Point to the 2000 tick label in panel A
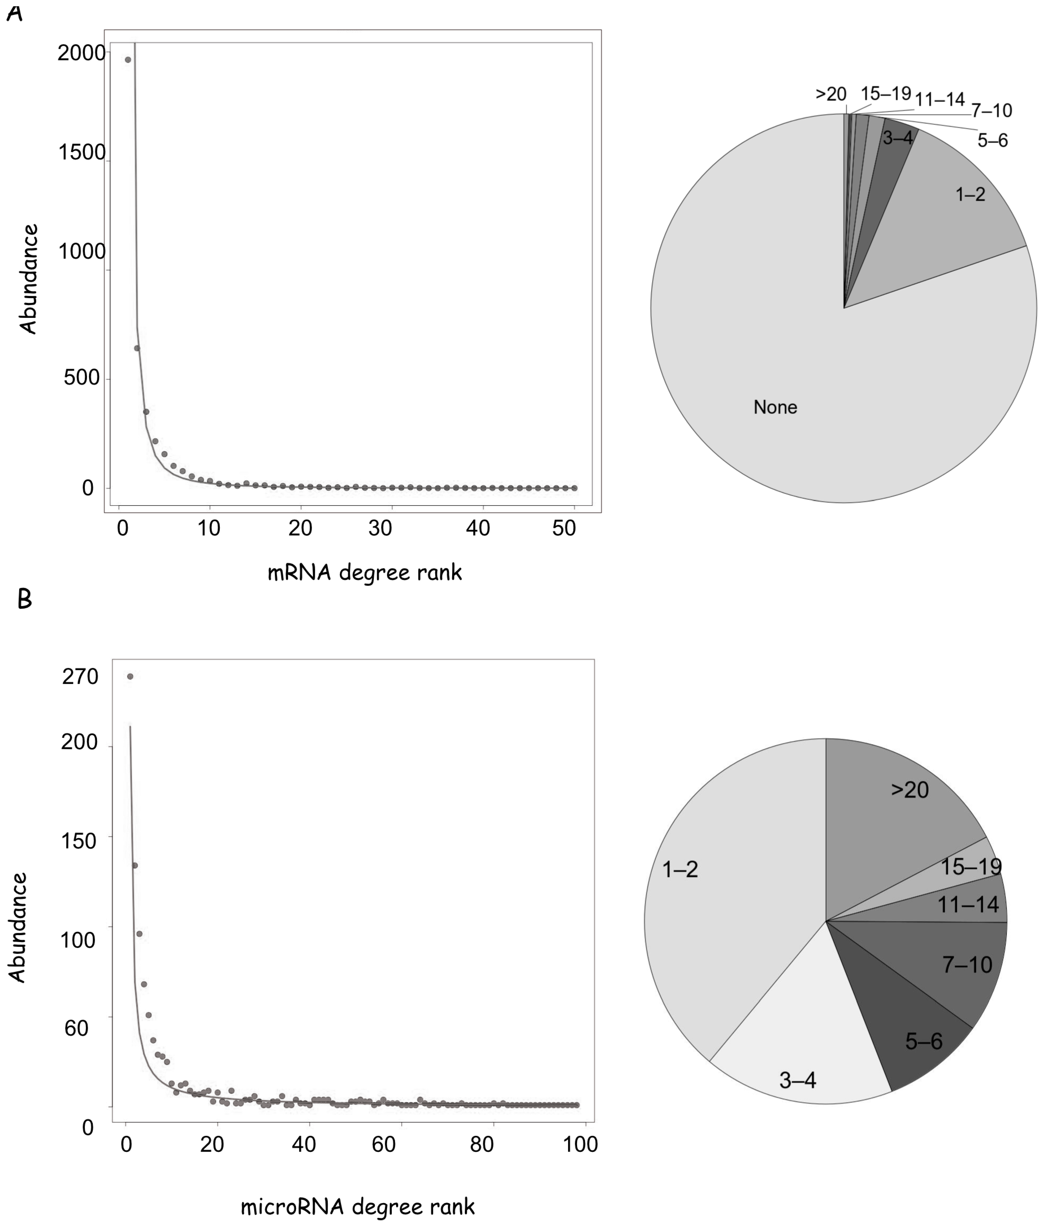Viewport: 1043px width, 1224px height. (81, 53)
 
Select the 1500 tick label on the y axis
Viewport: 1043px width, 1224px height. (82, 152)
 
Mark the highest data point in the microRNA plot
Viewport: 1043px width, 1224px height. (130, 676)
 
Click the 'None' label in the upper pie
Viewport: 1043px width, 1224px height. (775, 407)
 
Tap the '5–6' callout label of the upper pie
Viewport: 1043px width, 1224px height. (992, 141)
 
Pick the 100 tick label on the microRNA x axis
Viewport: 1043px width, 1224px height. (581, 1144)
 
